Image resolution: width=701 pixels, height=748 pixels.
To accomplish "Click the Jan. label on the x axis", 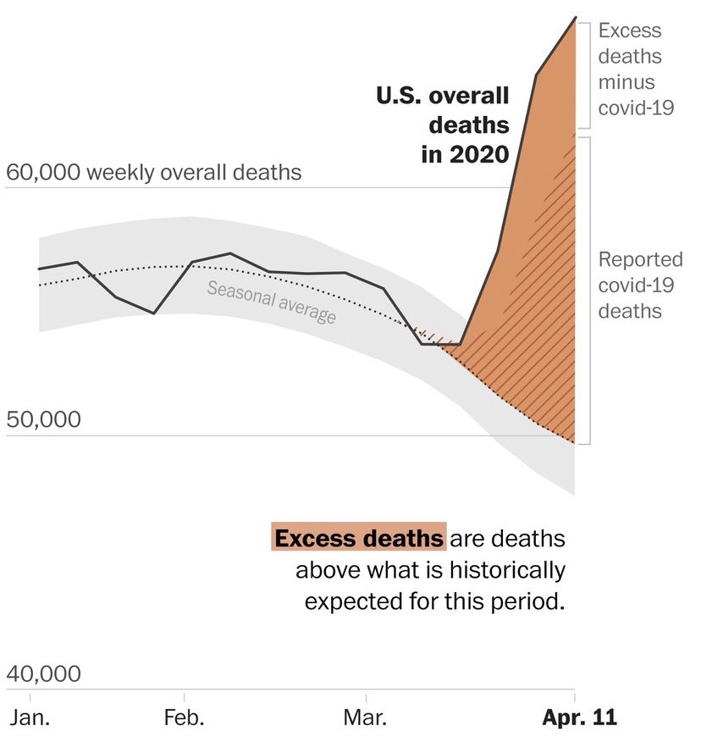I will tap(30, 719).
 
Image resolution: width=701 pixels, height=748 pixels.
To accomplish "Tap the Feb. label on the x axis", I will tap(183, 719).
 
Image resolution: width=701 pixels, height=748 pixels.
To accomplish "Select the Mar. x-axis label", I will tap(366, 719).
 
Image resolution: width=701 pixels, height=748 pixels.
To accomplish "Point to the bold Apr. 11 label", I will tap(579, 719).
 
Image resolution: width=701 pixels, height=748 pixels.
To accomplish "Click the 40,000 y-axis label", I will tap(44, 674).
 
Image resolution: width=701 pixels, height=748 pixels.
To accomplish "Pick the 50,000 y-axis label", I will tap(44, 419).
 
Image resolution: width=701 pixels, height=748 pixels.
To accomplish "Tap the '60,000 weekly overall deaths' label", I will tap(153, 173).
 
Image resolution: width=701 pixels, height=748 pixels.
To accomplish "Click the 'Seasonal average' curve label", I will tap(272, 302).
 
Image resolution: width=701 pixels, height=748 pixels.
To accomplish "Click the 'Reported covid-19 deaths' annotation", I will tap(628, 285).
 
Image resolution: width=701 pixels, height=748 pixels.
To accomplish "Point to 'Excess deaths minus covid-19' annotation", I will tap(630, 69).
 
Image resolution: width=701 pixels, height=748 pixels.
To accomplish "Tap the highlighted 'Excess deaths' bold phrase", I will tap(358, 538).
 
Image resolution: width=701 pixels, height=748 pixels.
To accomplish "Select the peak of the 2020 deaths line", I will tap(576, 17).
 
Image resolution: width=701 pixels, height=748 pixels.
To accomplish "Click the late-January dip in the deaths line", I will tap(153, 313).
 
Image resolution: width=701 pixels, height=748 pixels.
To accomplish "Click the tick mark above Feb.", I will tap(184, 696).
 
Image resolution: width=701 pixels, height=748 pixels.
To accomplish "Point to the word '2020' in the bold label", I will tap(478, 155).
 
